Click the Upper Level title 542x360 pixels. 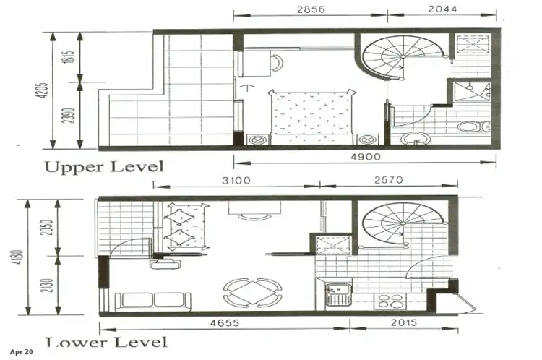104,166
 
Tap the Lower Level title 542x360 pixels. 106,342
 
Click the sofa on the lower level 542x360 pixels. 152,299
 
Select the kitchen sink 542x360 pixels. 336,295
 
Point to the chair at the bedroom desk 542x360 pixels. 277,62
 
